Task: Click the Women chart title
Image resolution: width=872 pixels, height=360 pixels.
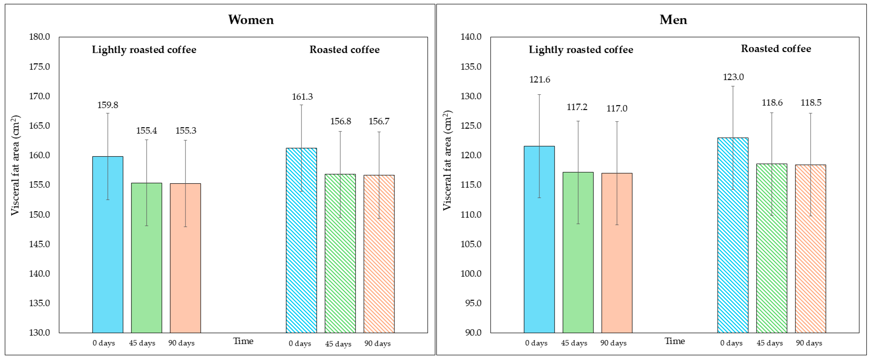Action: click(251, 20)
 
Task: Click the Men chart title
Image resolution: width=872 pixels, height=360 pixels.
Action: click(673, 20)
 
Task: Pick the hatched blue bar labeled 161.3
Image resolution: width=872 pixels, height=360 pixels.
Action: click(301, 240)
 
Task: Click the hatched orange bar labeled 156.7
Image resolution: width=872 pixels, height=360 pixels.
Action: click(379, 254)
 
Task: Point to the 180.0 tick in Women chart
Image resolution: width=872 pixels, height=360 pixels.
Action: click(40, 37)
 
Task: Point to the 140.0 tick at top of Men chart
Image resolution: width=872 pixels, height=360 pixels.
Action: click(471, 37)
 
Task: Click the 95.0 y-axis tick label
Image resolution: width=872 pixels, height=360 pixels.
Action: click(471, 303)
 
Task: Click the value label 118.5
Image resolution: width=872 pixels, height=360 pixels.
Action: click(811, 103)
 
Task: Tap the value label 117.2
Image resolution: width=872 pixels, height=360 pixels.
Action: click(577, 107)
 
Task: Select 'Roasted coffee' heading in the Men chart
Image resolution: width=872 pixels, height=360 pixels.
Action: click(776, 49)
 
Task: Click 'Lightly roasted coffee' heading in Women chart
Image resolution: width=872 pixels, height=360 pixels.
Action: click(144, 50)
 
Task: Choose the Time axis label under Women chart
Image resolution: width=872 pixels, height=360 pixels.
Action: click(243, 341)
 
